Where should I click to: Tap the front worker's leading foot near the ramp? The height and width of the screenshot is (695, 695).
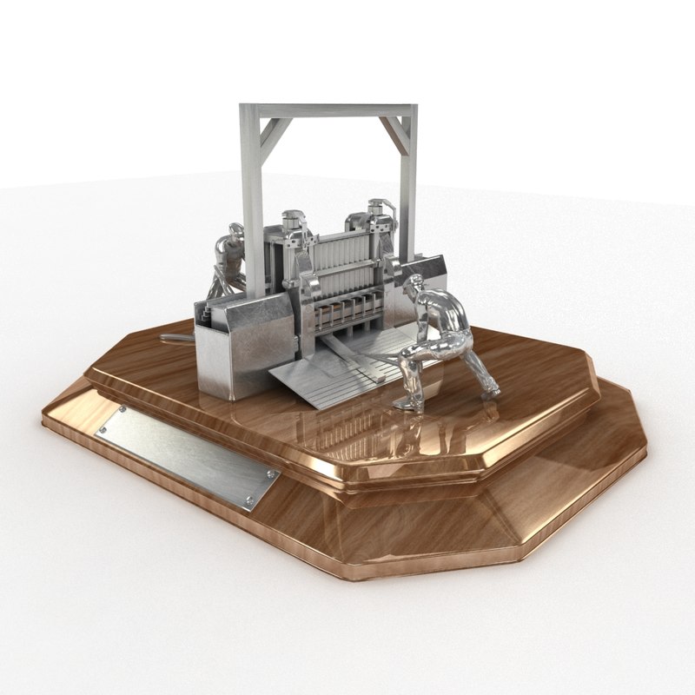click(x=405, y=404)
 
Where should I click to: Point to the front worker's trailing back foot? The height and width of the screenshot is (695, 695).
click(x=492, y=393)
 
